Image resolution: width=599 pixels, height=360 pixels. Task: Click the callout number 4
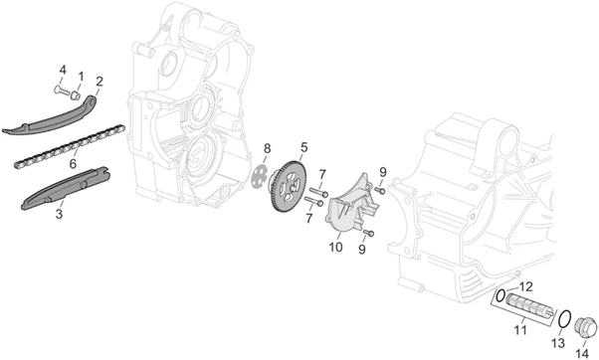pos(63,71)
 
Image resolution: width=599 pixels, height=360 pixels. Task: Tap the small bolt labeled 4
pos(61,90)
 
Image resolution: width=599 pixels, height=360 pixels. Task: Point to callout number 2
pos(100,82)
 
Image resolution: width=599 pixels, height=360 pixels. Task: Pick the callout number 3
pos(59,214)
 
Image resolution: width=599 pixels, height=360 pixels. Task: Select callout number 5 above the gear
pos(304,147)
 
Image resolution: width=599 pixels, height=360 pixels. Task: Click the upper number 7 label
pos(322,175)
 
